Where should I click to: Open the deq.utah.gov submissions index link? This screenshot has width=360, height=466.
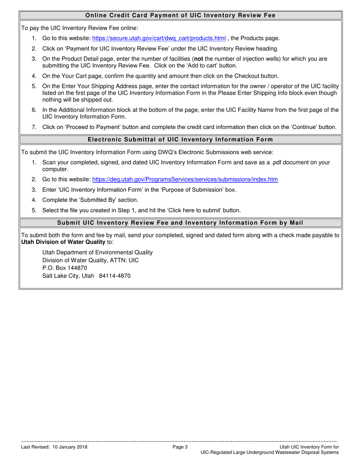(x=185, y=180)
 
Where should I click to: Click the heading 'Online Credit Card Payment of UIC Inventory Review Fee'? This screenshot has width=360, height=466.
(x=180, y=16)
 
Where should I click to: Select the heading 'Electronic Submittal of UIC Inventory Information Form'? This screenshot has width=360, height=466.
(x=180, y=139)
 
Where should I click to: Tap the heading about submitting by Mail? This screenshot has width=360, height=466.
(x=180, y=222)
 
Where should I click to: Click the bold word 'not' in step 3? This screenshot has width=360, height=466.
(x=199, y=59)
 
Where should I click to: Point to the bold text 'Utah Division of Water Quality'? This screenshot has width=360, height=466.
(x=63, y=242)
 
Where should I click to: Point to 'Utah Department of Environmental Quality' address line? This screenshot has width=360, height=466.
(x=97, y=252)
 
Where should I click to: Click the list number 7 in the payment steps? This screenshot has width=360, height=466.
(x=34, y=127)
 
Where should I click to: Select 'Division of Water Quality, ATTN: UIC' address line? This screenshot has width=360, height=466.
(x=91, y=260)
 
